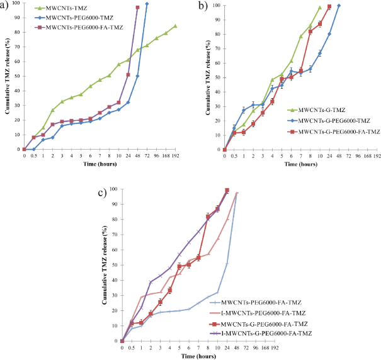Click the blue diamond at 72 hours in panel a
[x=147, y=4]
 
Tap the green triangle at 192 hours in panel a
[x=175, y=26]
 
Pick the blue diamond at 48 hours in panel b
[x=339, y=6]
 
